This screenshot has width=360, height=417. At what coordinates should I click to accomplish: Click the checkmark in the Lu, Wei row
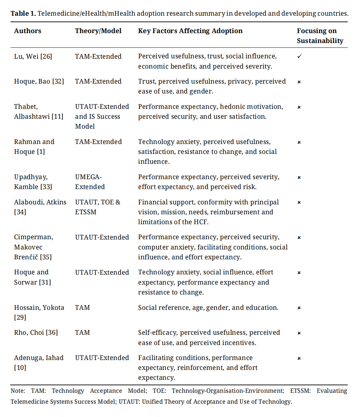coord(299,56)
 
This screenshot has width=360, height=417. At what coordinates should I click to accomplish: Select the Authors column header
coord(28,31)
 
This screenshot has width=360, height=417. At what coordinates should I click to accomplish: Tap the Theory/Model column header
coord(98,31)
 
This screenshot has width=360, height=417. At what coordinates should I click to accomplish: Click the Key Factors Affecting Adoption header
coord(190,31)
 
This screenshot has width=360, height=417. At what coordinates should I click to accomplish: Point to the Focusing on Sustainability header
coord(320,36)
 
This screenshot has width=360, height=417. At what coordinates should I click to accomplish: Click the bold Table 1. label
coord(23,14)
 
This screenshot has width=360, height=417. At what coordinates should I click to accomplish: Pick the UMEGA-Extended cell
coord(90,182)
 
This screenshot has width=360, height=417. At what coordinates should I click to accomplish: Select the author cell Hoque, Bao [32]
coord(39,82)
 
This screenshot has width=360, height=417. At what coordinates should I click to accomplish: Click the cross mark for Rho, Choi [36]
coord(299,333)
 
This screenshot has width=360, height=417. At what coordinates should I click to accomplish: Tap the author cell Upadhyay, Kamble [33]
coord(33,182)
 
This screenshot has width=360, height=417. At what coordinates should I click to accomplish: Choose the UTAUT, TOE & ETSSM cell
coord(98,207)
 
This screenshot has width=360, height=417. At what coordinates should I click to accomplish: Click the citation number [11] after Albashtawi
coord(57,117)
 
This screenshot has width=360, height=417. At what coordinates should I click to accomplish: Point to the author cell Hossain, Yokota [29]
coord(39,313)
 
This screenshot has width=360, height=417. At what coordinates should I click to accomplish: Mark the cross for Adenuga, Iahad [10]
coord(299,358)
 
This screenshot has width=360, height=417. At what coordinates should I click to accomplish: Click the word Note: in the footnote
coord(18,391)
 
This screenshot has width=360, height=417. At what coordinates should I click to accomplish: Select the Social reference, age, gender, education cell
coord(208,308)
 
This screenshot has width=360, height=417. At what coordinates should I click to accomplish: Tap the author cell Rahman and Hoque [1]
coord(34,147)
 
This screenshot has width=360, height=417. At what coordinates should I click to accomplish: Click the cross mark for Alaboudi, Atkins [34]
coord(299,203)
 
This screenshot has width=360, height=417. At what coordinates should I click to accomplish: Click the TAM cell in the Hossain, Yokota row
coord(82,308)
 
